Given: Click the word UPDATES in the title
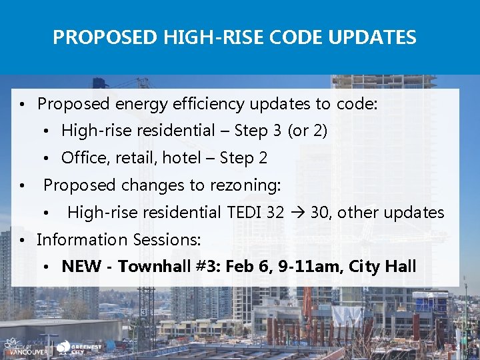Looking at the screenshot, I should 375,37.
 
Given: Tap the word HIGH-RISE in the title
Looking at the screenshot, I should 197,37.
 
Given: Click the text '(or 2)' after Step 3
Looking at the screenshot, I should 307,131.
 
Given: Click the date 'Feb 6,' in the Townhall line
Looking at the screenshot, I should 250,267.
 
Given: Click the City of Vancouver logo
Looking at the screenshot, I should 25,347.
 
